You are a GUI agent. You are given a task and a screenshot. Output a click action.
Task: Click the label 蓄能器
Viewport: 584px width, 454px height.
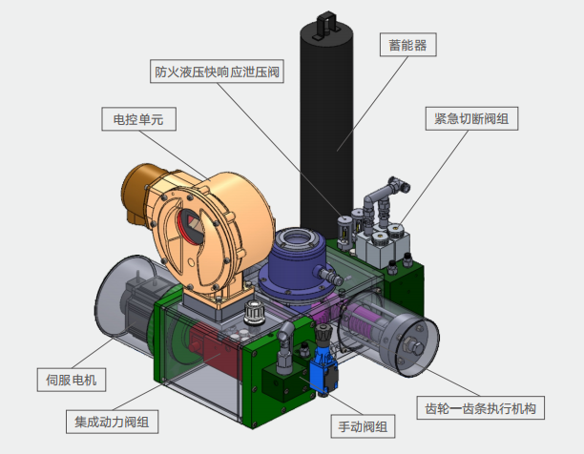407,44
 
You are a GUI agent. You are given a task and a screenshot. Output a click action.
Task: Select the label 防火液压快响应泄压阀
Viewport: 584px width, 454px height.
216,72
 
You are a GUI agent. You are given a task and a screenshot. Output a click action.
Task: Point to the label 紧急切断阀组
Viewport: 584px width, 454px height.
470,118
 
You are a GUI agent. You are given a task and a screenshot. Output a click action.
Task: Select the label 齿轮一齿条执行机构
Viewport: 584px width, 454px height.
481,408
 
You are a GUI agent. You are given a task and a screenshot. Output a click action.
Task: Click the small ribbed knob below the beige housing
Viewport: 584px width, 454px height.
254,313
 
